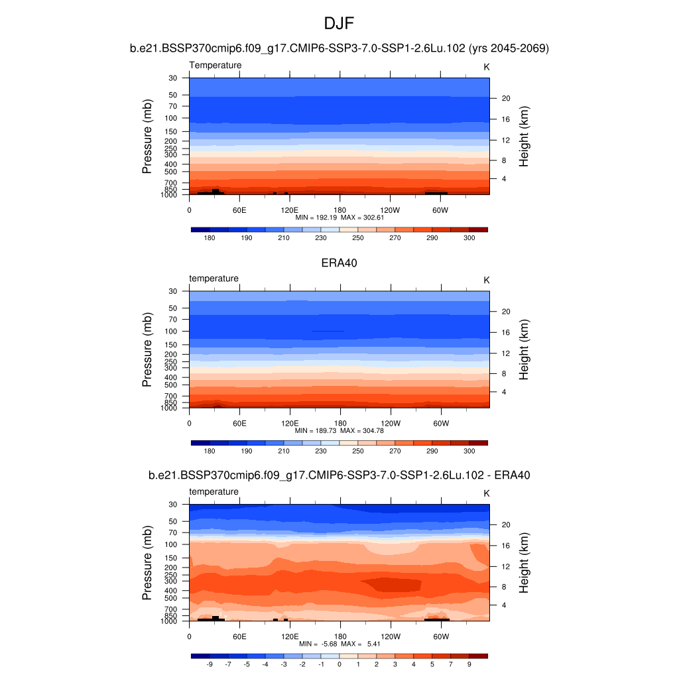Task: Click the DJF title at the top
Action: click(x=339, y=25)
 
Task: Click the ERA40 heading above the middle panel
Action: click(x=339, y=263)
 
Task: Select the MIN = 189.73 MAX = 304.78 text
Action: click(x=339, y=430)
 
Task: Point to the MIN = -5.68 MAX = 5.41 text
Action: click(x=339, y=644)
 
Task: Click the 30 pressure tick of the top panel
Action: click(x=173, y=78)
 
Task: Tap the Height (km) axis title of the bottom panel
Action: click(x=523, y=562)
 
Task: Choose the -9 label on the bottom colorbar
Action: click(x=210, y=664)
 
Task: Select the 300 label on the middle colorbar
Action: click(x=469, y=451)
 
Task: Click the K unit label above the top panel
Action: click(x=487, y=67)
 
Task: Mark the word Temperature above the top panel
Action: click(x=216, y=65)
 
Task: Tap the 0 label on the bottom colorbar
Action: click(x=339, y=664)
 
